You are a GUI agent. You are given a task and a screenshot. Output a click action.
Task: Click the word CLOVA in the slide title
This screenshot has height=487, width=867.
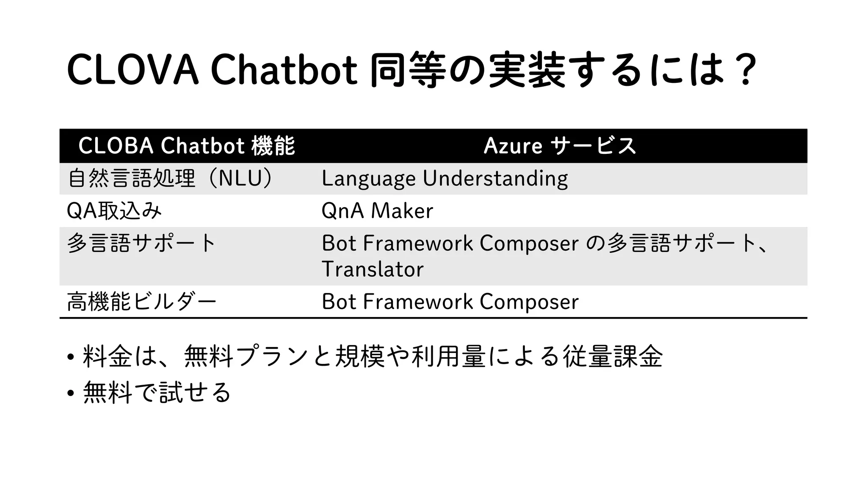[x=133, y=70]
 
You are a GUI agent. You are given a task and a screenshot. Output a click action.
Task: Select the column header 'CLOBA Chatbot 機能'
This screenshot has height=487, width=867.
[x=186, y=146]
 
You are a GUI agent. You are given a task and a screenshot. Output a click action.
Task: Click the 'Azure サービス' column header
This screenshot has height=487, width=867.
[x=560, y=146]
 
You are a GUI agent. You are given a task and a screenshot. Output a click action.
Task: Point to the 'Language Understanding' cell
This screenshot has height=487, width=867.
[x=445, y=178]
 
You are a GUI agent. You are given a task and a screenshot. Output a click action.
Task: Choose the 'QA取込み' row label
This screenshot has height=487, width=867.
[x=114, y=211]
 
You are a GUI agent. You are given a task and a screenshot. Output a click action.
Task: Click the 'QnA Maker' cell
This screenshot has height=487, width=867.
[x=377, y=211]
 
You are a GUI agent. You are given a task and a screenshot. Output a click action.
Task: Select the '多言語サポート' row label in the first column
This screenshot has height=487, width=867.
[x=141, y=243]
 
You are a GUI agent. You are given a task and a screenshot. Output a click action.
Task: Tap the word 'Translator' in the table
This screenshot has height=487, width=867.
[x=373, y=269]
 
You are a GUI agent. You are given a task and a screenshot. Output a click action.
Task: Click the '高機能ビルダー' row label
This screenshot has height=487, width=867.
[x=141, y=302]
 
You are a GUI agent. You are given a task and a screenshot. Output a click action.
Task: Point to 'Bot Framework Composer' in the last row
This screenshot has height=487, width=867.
[x=450, y=302]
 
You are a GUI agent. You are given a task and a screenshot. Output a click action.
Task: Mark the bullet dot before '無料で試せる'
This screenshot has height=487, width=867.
[x=71, y=393]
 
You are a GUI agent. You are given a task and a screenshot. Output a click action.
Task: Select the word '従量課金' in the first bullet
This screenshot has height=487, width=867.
[x=613, y=356]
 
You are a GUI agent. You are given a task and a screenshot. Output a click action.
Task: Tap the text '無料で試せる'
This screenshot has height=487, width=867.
[x=157, y=392]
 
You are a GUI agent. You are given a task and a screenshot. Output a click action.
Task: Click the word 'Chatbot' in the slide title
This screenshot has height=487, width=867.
[x=284, y=70]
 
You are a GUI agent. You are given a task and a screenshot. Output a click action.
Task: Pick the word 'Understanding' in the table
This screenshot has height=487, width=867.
[x=495, y=178]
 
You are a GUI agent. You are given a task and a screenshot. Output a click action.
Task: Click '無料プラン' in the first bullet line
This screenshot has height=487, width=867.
[x=246, y=356]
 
